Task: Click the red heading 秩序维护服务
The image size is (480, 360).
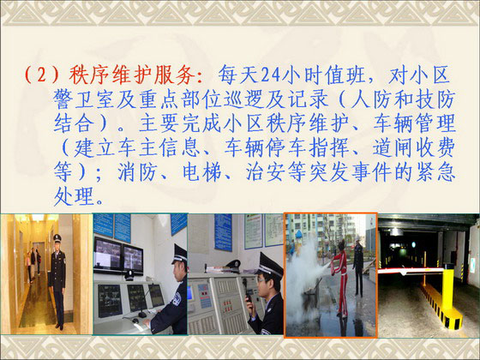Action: point(132,75)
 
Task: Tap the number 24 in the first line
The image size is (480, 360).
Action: point(271,75)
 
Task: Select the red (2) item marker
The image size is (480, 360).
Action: point(41,75)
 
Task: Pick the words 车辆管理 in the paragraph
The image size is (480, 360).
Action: point(415,123)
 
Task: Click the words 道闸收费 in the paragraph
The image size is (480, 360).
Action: point(414,148)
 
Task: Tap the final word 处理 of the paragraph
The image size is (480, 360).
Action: point(74,196)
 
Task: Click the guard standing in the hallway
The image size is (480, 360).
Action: point(57,282)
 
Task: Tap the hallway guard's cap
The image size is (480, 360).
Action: point(57,237)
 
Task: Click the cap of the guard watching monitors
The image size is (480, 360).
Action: point(179,254)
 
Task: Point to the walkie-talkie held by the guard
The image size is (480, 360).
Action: point(249,294)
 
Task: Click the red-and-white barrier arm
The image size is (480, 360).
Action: point(411,271)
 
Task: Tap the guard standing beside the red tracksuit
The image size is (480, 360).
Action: point(358,266)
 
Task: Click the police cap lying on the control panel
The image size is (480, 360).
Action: point(233,265)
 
